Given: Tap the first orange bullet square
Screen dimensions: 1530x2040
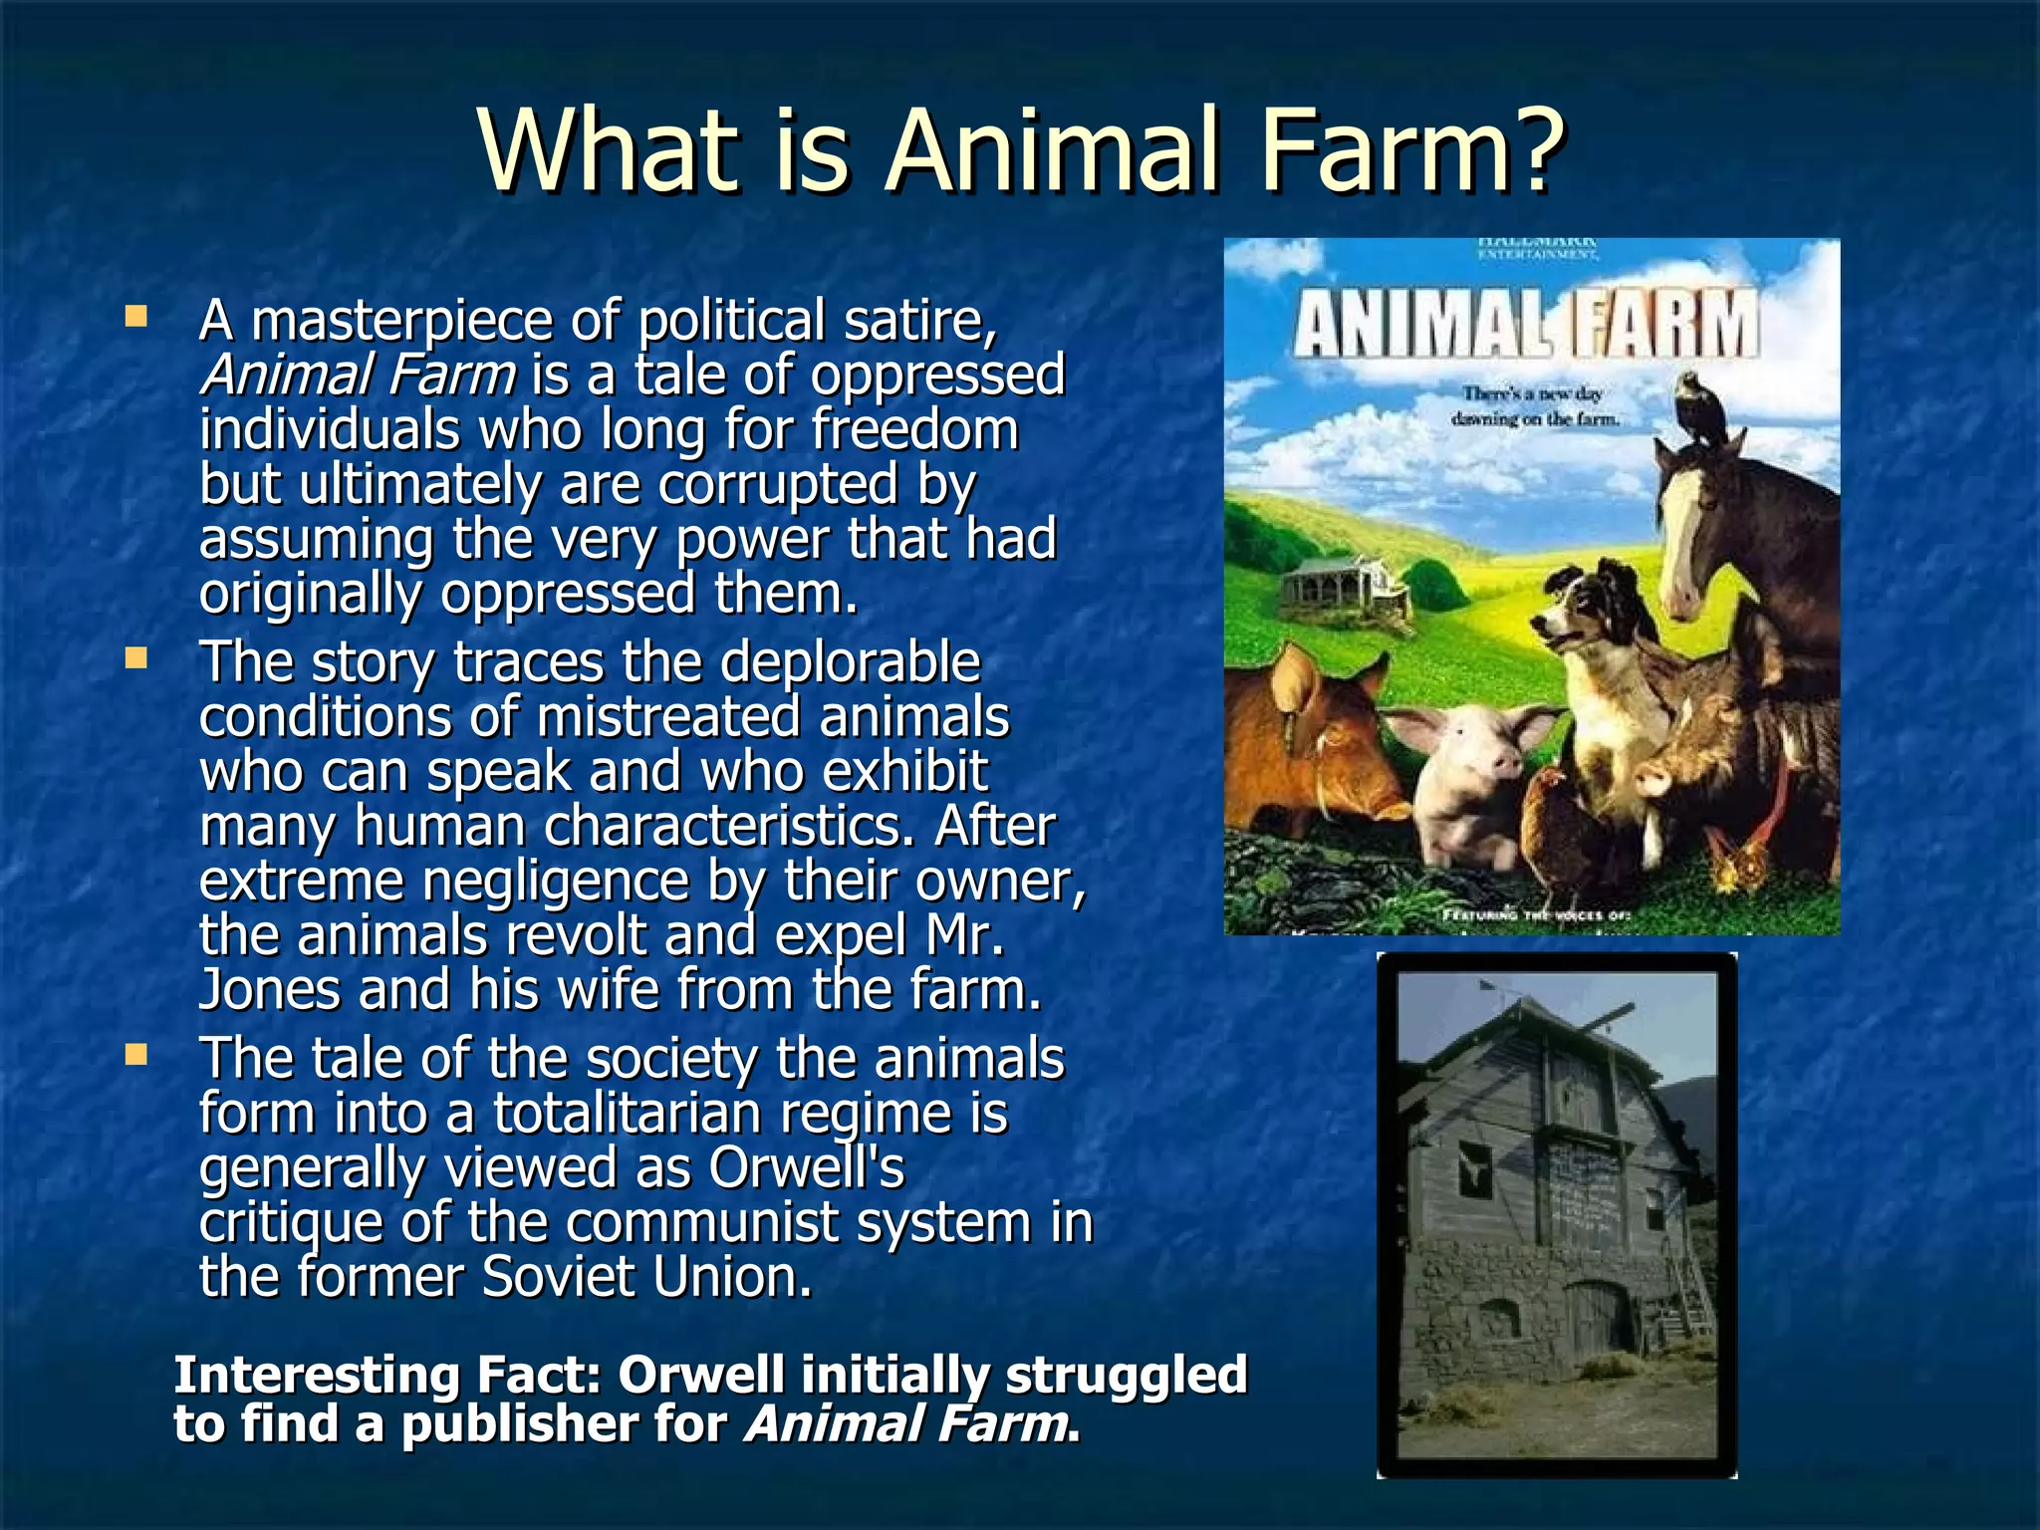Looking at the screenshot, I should [135, 318].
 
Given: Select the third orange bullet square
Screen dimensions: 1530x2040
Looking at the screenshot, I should [135, 1055].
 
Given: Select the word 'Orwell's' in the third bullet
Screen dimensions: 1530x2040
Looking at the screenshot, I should [806, 1167].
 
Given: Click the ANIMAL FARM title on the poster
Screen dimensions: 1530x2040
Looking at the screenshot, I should [1524, 324].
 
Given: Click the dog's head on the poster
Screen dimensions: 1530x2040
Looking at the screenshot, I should [1584, 618].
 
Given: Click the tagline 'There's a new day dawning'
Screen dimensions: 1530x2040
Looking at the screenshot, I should [1534, 406].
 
